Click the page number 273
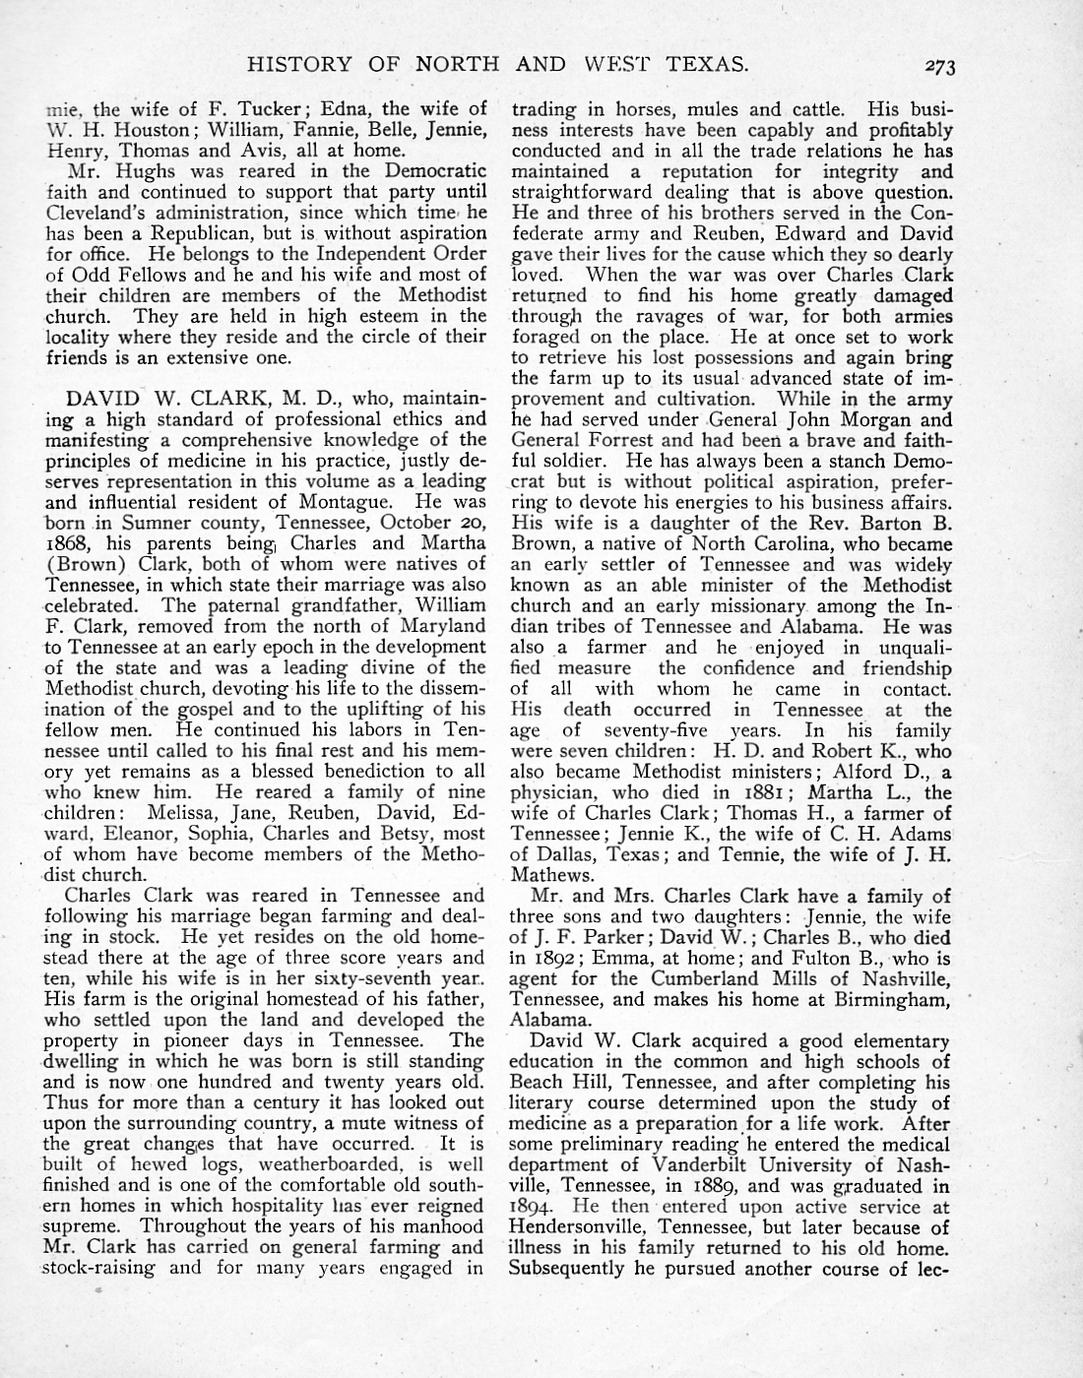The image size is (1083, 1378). click(940, 67)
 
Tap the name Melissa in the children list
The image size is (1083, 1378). click(184, 812)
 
